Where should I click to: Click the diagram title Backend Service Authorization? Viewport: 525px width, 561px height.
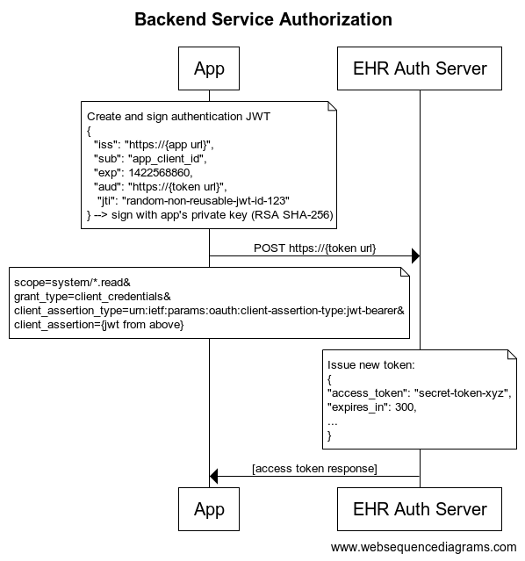263,19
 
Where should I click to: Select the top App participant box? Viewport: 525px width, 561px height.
209,68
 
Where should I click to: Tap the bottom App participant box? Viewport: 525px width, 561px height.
209,509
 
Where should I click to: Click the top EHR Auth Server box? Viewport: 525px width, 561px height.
420,68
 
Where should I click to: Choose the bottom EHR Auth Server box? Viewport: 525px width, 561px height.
420,509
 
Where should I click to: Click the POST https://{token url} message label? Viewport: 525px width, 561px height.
315,248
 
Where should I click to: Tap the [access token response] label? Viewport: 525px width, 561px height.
314,468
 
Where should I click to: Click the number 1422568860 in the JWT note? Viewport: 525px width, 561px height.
161,172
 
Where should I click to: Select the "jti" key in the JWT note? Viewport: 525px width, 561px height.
106,201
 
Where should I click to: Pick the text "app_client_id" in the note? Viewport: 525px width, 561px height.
167,159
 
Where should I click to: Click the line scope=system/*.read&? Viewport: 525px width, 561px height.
72,283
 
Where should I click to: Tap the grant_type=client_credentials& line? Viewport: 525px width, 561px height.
92,297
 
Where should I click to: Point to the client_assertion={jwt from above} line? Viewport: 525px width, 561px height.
99,325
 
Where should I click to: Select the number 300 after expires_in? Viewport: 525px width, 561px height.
406,406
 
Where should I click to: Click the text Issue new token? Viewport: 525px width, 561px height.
371,364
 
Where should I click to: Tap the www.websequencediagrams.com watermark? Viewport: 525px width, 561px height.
423,547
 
